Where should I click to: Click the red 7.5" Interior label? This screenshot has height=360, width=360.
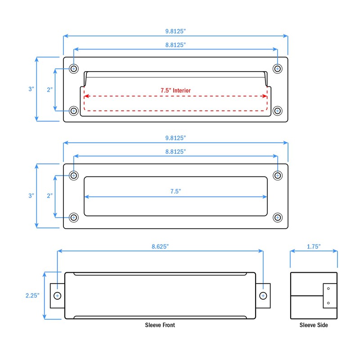[x=175, y=90]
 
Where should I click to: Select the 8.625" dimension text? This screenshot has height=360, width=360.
[x=160, y=246]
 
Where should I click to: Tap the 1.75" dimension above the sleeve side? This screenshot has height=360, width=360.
[x=313, y=246]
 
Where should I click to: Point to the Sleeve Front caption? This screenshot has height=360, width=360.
[x=160, y=325]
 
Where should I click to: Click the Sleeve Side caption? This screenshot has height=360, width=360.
[x=314, y=325]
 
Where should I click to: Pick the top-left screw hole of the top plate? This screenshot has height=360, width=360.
[x=74, y=69]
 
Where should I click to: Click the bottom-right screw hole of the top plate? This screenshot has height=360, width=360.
[x=278, y=110]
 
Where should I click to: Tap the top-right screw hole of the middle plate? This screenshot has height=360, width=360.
[x=278, y=175]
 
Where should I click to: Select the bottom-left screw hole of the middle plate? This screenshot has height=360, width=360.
[x=74, y=217]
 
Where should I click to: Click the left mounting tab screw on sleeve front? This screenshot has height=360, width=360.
[x=57, y=296]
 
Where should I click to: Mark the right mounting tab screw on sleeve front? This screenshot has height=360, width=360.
[x=263, y=296]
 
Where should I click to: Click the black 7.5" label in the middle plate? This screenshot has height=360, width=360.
[x=175, y=191]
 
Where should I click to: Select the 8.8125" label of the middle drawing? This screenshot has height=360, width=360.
[x=175, y=152]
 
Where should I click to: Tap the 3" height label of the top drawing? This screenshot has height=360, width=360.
[x=31, y=89]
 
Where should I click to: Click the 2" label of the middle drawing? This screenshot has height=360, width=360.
[x=49, y=196]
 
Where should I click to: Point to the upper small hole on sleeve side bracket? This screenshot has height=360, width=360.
[x=328, y=288]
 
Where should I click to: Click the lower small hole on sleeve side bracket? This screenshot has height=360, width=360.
[x=328, y=303]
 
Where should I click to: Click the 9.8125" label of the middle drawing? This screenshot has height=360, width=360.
[x=175, y=137]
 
